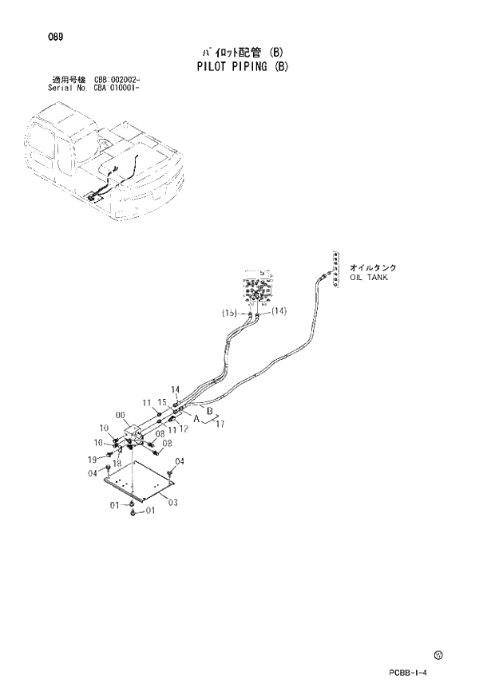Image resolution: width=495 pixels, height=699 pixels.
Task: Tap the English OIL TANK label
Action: click(369, 278)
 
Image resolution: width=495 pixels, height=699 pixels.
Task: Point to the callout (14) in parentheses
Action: click(279, 311)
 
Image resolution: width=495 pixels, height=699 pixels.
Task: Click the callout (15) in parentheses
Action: click(230, 314)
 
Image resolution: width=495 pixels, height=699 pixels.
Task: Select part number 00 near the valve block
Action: click(121, 414)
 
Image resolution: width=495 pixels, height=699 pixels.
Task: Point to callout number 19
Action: click(92, 459)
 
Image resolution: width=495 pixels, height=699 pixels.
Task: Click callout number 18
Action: click(117, 463)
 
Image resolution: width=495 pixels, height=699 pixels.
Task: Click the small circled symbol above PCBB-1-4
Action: click(438, 656)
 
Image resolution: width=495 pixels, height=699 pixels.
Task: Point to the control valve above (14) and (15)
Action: click(256, 289)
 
